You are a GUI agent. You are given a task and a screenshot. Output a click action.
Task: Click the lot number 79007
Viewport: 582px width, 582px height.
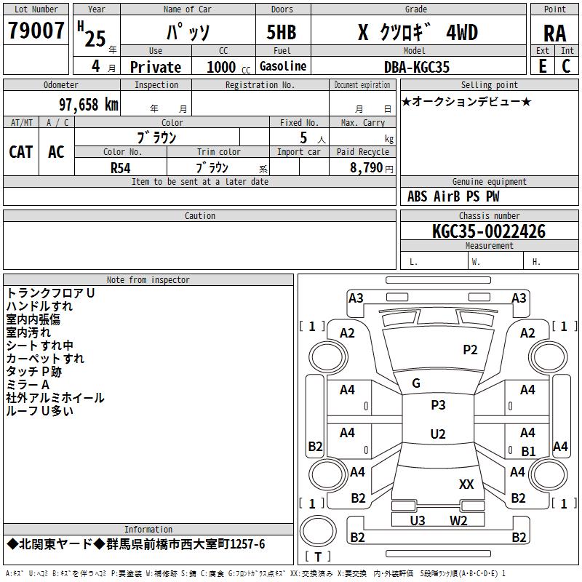(x=36, y=31)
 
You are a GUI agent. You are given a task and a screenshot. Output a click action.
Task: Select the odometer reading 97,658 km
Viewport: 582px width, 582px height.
(x=89, y=104)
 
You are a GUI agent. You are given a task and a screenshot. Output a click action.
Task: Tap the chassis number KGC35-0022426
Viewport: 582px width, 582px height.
(x=489, y=231)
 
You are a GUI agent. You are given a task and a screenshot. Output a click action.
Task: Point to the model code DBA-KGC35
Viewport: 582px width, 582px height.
(x=416, y=67)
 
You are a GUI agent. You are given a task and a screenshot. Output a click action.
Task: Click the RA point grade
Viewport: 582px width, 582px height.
(x=555, y=33)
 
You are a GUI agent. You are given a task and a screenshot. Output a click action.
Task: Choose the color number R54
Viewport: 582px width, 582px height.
(x=121, y=168)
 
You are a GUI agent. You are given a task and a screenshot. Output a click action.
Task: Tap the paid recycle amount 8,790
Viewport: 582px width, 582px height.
(x=366, y=168)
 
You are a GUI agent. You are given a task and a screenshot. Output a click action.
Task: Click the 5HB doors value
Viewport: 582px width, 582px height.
(x=282, y=32)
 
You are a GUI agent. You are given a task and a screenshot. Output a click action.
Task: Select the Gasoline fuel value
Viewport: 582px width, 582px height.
(x=283, y=66)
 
